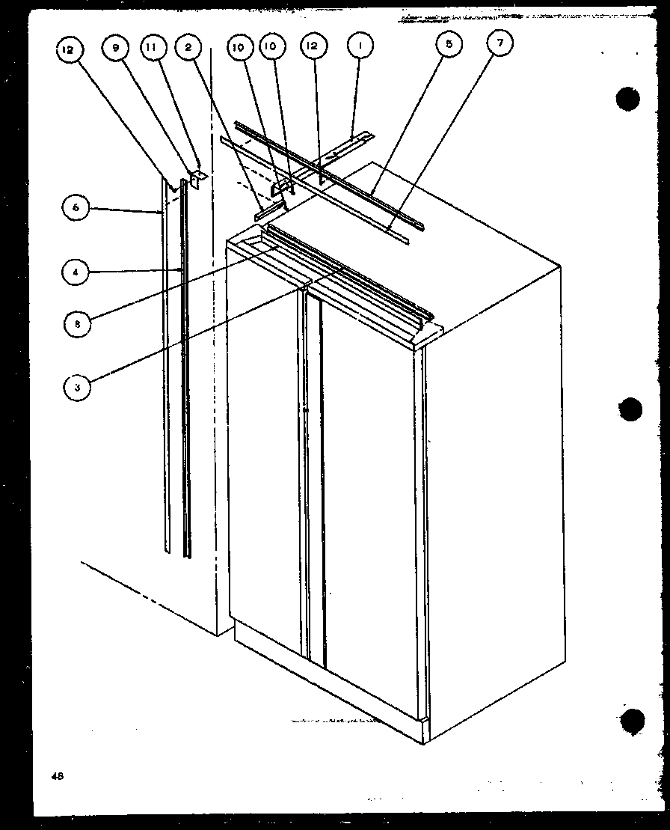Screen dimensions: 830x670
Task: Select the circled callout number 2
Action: tap(188, 48)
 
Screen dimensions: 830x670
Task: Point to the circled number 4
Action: tap(76, 273)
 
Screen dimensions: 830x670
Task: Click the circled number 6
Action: tap(76, 208)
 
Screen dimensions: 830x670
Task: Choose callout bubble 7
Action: tap(500, 44)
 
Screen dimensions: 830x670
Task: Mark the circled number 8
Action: tap(77, 324)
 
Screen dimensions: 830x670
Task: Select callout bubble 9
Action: tap(116, 48)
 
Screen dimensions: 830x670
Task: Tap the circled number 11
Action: tap(152, 48)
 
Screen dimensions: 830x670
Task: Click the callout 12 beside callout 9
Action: tap(69, 50)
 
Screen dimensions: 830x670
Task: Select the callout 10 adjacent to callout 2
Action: tap(239, 48)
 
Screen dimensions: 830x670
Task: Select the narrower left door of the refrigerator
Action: tap(265, 449)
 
